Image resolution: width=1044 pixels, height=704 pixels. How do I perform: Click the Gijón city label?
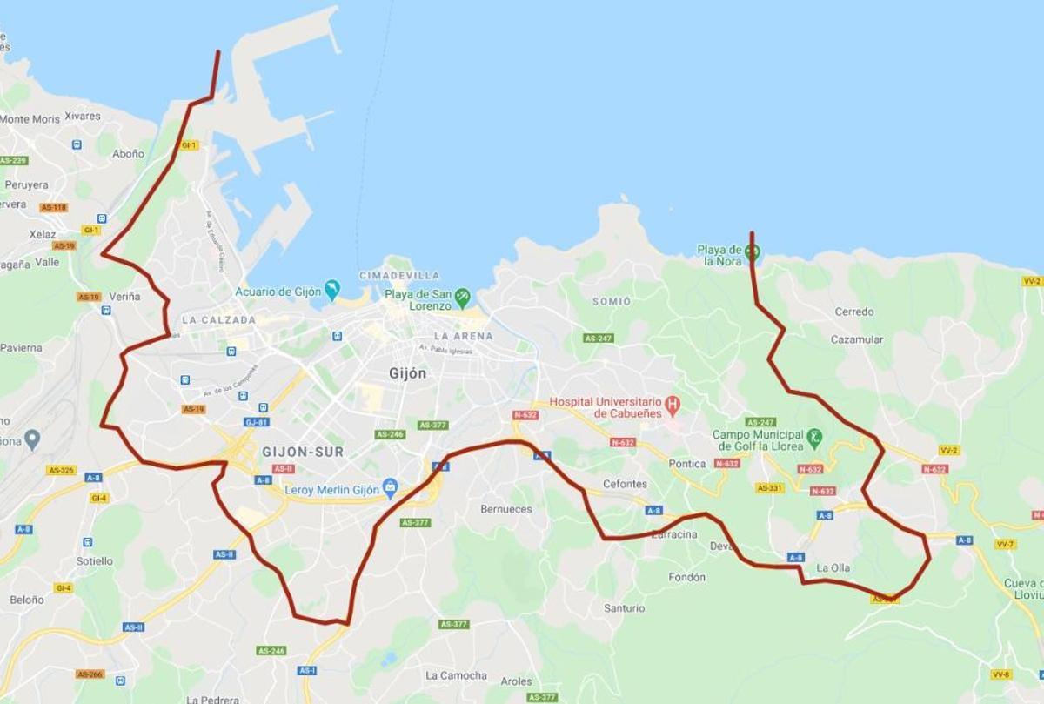tap(407, 373)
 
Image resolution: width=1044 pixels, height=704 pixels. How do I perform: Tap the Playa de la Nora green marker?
tap(753, 252)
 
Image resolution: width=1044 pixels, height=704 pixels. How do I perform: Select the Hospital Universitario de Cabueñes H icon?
tap(672, 405)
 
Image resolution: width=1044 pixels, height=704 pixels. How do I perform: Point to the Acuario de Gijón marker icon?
tap(331, 289)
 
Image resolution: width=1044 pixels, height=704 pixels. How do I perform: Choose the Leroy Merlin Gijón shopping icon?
tap(391, 489)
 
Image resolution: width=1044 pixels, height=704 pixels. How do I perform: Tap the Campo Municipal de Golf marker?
tap(814, 437)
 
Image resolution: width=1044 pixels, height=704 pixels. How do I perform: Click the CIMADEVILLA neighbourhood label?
tap(399, 275)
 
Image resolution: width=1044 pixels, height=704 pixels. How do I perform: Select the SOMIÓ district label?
tap(611, 301)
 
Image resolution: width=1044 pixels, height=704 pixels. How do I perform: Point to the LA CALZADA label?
tap(219, 320)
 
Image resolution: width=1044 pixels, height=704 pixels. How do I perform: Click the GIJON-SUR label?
tap(303, 452)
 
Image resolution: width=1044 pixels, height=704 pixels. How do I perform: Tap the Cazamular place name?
tap(856, 339)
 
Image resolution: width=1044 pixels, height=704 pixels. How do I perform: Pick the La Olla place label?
tap(833, 568)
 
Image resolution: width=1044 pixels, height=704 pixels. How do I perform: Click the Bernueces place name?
tap(505, 508)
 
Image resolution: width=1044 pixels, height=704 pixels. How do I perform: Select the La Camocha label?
tap(456, 675)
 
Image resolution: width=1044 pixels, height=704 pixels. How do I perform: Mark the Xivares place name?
tap(83, 116)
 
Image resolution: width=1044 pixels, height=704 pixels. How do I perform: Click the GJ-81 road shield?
tap(256, 422)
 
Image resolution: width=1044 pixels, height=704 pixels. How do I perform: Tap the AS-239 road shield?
tap(14, 160)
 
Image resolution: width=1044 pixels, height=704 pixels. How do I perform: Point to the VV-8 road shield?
tap(1000, 674)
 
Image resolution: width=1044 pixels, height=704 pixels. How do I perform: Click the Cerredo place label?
tap(854, 312)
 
